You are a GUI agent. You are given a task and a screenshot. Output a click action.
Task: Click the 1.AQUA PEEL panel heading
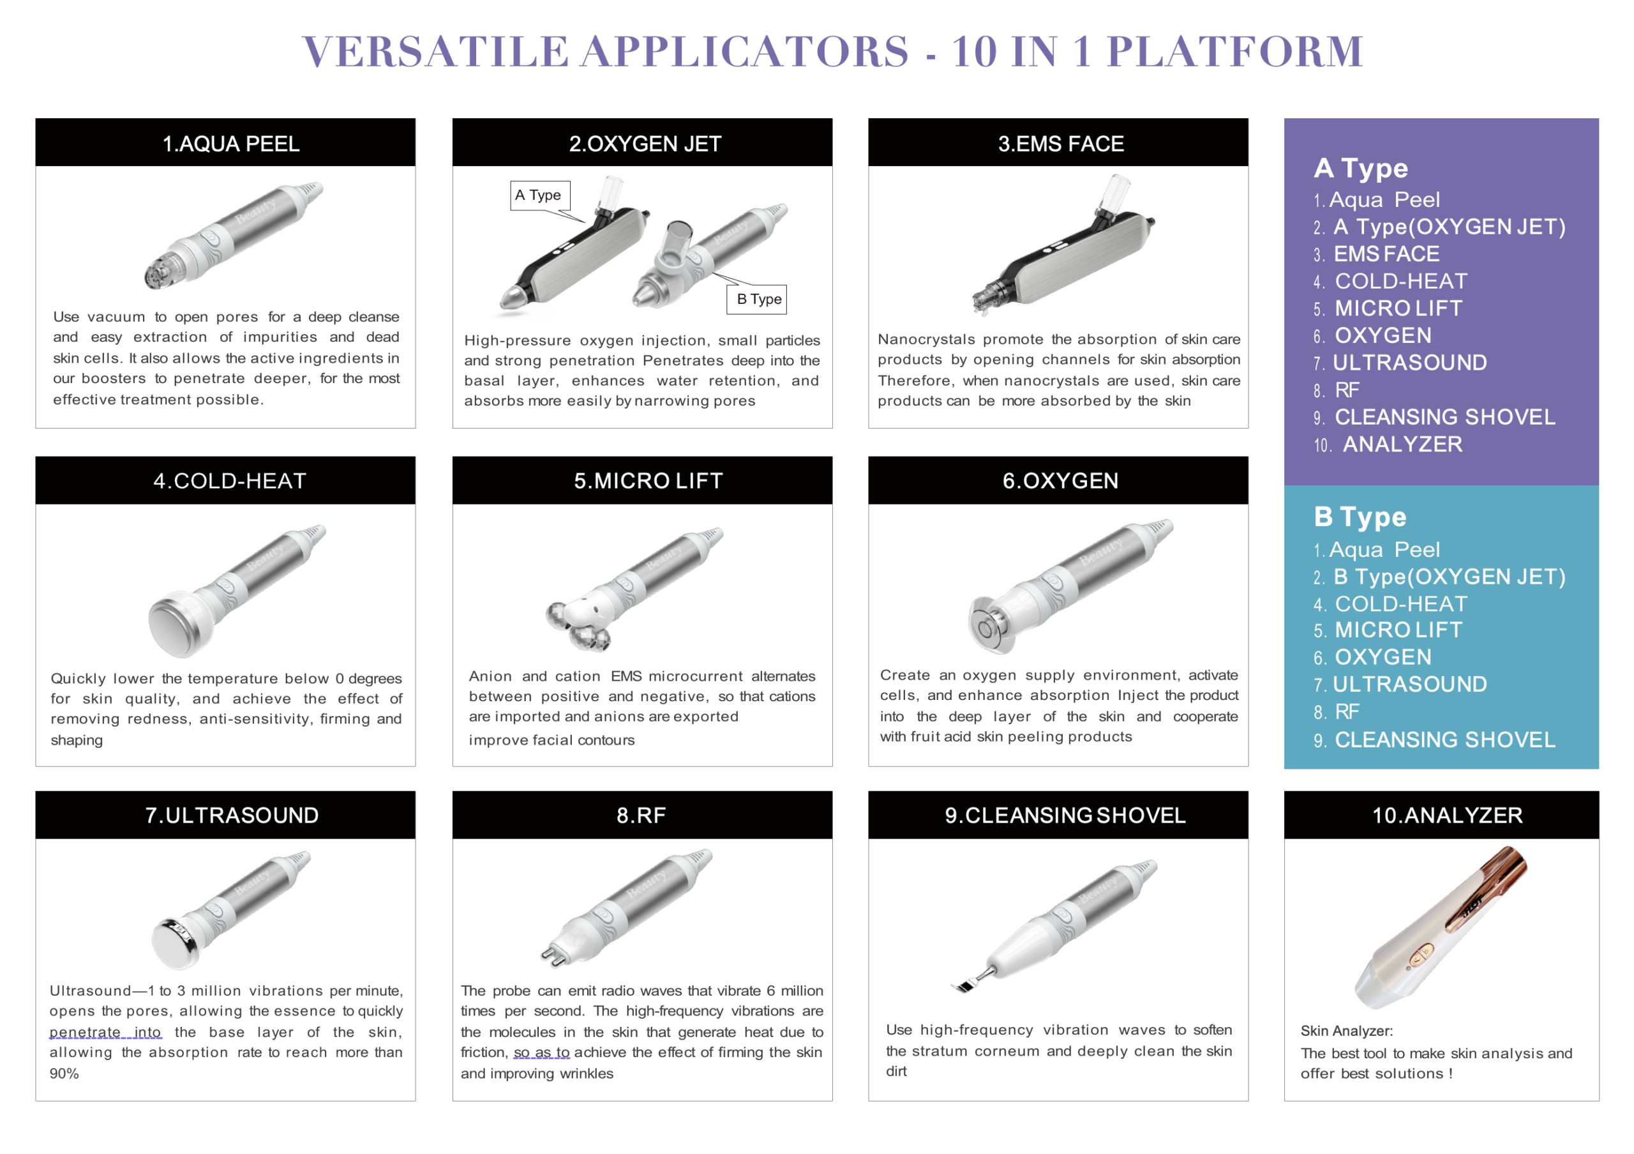point(230,144)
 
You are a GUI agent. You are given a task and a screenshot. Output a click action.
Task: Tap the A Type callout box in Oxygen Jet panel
point(539,195)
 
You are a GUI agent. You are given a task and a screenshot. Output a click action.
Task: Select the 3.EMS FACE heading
point(1060,144)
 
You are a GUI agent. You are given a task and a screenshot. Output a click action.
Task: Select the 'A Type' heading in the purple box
point(1360,168)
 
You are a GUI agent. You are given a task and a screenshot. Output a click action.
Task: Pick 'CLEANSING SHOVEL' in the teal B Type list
point(1444,740)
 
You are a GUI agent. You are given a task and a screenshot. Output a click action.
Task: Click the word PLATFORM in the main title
point(1234,51)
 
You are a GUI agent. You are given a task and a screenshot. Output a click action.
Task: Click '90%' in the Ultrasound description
point(64,1074)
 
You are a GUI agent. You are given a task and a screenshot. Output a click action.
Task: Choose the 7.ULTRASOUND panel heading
point(230,815)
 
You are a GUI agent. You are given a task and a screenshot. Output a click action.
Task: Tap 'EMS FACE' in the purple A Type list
point(1386,254)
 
